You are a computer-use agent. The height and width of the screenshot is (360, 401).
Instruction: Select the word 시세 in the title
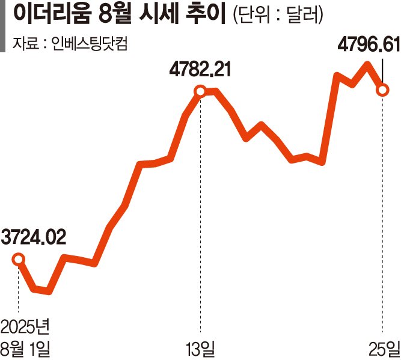click(x=162, y=14)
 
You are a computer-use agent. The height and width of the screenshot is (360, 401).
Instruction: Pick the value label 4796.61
click(x=367, y=45)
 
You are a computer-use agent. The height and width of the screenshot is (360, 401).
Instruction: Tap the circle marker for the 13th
click(x=201, y=91)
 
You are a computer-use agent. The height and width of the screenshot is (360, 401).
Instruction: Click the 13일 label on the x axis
click(x=200, y=348)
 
